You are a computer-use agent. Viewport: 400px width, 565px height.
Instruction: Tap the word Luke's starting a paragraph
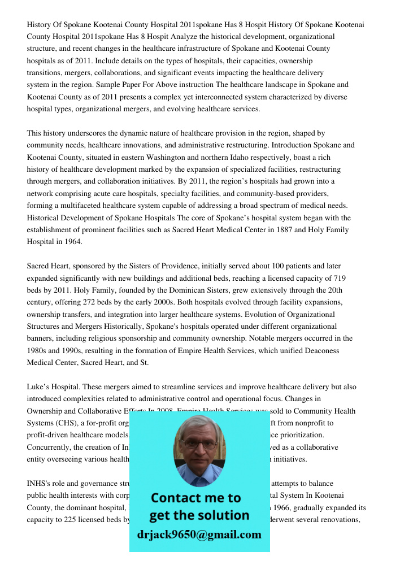[x=38, y=387]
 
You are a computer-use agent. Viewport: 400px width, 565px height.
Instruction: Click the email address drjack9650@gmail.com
[x=199, y=534]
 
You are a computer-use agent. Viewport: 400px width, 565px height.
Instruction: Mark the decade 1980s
[x=38, y=351]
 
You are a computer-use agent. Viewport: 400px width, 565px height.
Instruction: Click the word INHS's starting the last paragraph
[x=38, y=484]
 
